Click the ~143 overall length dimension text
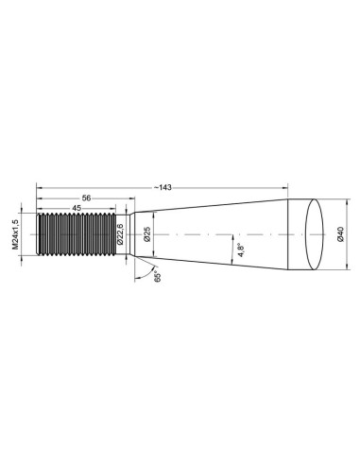coord(163,188)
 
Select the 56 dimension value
coord(86,198)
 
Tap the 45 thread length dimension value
coord(77,208)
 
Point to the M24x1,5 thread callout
coord(15,234)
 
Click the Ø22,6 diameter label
coord(120,234)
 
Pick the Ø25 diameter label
coord(147,234)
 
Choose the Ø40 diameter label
coord(340,234)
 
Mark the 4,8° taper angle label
coord(241,250)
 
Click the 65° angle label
coord(158,276)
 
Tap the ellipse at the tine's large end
coord(315,234)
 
